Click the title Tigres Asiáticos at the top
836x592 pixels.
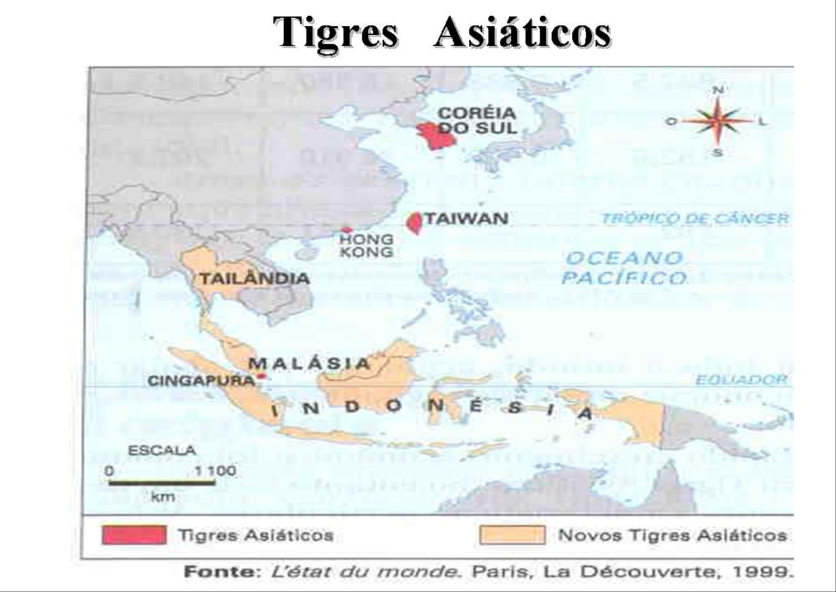tap(443, 32)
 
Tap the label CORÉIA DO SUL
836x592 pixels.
tap(477, 121)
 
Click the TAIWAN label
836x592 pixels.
tap(466, 219)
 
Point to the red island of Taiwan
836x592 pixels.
tap(414, 223)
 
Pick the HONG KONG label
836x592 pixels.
tap(367, 246)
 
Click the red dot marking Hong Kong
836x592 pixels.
tap(347, 230)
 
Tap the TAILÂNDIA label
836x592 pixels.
tap(253, 279)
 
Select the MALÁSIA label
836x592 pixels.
tap(309, 363)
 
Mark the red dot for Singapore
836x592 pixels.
tap(261, 376)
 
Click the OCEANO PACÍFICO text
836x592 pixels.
tap(624, 268)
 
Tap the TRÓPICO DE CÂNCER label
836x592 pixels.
tap(694, 219)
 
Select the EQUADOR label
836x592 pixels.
tap(741, 380)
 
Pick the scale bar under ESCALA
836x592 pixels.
tap(161, 483)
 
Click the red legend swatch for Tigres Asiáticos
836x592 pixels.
tap(134, 535)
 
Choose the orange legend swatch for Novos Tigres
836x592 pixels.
tap(512, 535)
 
